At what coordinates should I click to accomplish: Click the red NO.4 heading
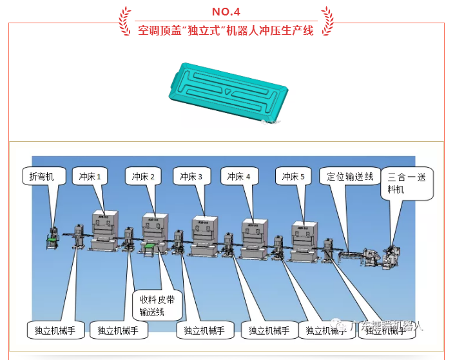[227, 12]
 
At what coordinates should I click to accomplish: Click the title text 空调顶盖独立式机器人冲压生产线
[226, 30]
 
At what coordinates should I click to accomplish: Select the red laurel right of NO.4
[327, 19]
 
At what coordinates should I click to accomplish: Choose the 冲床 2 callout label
[146, 176]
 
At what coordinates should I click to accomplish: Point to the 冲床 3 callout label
[193, 176]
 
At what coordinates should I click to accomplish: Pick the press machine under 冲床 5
[304, 241]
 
